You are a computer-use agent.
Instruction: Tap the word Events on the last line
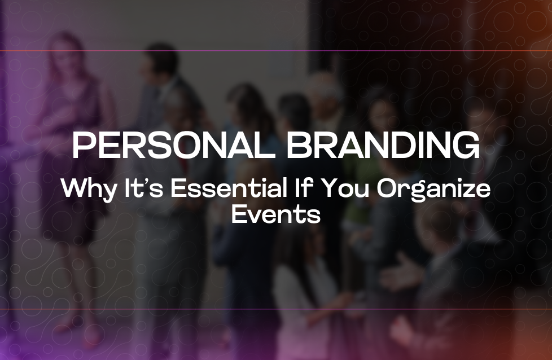coord(276,214)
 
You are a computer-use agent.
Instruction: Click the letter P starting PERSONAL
coord(82,147)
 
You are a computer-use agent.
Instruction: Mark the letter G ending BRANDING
coord(466,147)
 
